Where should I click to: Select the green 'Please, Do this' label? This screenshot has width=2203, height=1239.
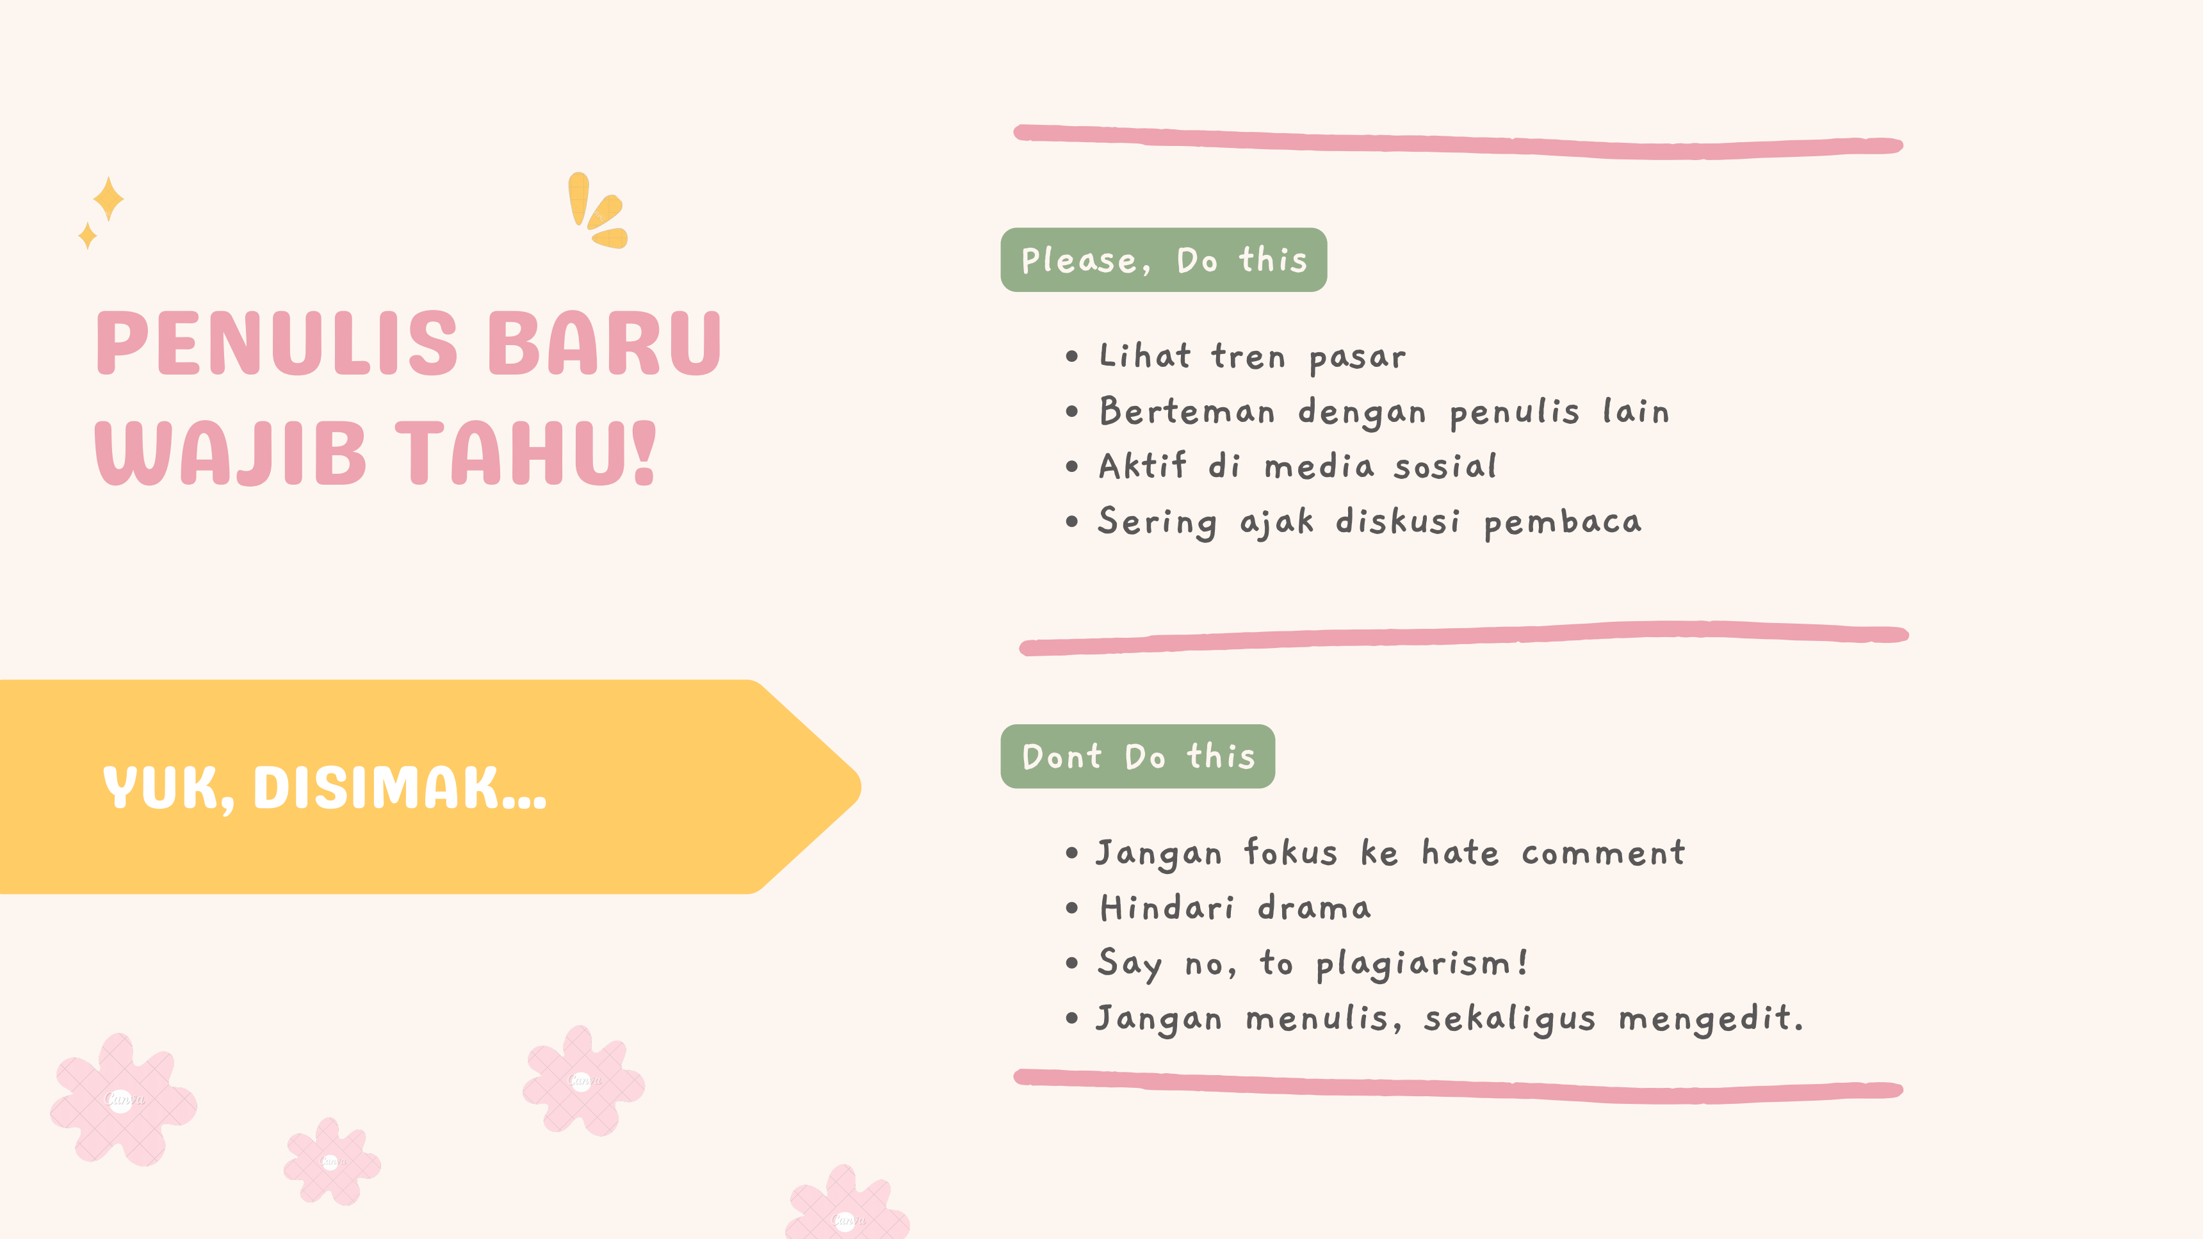click(1163, 260)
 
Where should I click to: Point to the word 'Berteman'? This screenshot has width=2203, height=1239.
click(1187, 411)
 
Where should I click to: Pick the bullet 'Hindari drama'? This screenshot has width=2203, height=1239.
click(1235, 907)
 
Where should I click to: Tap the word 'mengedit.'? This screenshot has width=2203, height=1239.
click(1711, 1018)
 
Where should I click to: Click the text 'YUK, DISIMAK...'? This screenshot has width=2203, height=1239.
click(324, 788)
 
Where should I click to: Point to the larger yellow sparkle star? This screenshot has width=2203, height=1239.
click(109, 198)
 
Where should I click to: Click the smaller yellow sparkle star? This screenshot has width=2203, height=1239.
click(87, 235)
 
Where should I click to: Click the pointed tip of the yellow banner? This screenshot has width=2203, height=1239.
click(860, 787)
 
